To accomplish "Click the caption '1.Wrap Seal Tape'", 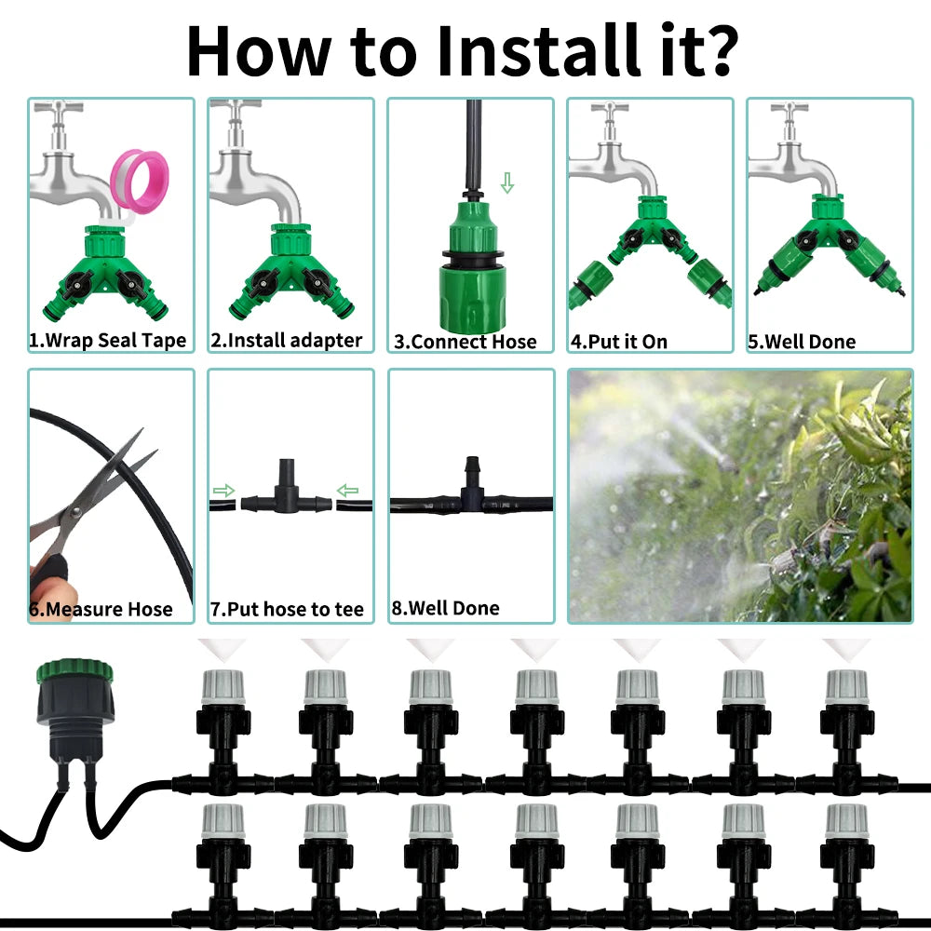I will [x=107, y=341].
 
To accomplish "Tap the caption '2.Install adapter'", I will [x=286, y=341].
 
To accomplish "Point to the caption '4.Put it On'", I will [x=619, y=342].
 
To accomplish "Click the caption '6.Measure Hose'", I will [x=101, y=610].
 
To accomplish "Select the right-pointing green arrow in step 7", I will [x=223, y=491].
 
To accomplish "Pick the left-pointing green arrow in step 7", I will [x=347, y=491].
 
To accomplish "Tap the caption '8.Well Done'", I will [x=445, y=609].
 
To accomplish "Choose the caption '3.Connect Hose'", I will [x=465, y=342].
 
